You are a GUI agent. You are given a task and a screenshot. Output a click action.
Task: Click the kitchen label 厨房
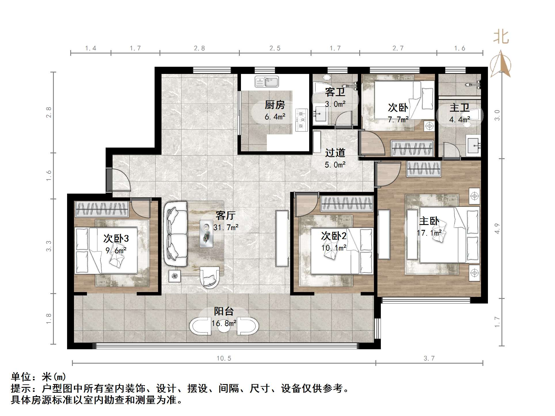point(275,105)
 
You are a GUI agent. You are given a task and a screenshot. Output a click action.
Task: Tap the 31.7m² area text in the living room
point(226,227)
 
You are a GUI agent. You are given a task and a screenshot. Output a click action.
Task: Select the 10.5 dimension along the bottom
point(224,358)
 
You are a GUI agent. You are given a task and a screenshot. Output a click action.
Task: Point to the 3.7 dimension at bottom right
point(429,358)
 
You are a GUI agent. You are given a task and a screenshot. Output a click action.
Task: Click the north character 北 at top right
point(501,37)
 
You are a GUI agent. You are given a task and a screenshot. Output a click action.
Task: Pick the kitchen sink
point(267,81)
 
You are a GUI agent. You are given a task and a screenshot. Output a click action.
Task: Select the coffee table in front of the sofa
point(206,234)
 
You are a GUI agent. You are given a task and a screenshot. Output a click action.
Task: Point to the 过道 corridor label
point(335,153)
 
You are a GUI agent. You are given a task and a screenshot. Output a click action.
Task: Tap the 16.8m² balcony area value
point(224,323)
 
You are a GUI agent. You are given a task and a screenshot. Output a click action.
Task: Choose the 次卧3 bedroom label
point(116,238)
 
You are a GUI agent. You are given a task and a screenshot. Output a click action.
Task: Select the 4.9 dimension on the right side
point(497,228)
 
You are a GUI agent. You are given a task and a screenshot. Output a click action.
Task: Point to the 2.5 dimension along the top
point(275,48)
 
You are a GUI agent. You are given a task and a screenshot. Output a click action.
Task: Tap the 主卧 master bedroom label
point(429,221)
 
